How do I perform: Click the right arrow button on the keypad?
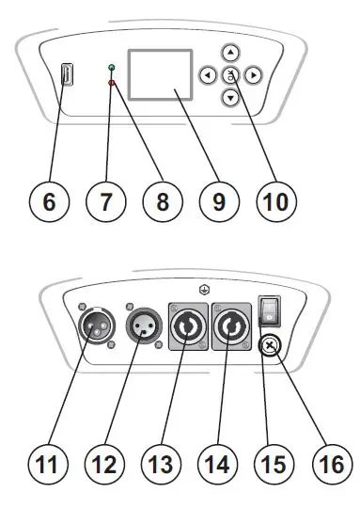[254, 75]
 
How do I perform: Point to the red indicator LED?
[111, 85]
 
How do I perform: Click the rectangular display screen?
[152, 75]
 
